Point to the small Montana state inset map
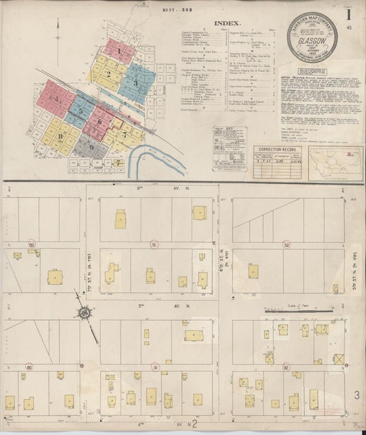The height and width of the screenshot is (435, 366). coord(327,160)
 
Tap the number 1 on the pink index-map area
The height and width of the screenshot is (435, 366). coord(119,51)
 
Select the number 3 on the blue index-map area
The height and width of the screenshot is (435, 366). coord(136,83)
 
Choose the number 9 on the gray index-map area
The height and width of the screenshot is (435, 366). coord(91,147)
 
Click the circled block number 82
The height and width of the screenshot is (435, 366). coord(285,368)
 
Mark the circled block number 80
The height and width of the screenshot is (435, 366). coord(29,368)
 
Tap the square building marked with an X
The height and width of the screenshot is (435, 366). coord(339,359)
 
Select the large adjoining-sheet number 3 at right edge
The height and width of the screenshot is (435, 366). coord(357,394)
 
